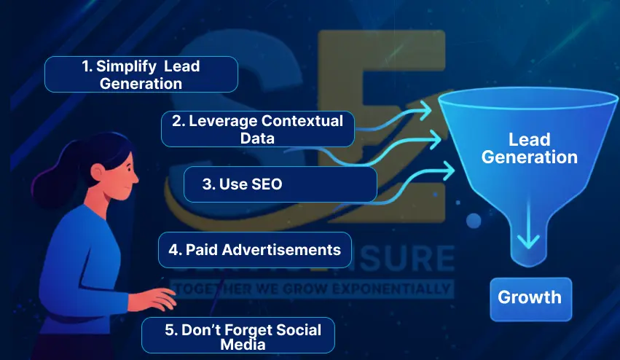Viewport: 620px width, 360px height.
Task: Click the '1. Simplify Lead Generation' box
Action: pyautogui.click(x=141, y=74)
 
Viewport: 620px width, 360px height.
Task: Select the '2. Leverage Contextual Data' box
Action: pyautogui.click(x=257, y=130)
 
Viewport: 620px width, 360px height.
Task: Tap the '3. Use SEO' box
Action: pyautogui.click(x=280, y=184)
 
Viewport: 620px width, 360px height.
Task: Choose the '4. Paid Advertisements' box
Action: pyautogui.click(x=254, y=249)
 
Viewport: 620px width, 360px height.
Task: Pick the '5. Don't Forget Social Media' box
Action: pyautogui.click(x=238, y=336)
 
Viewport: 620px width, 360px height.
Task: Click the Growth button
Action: pyautogui.click(x=530, y=298)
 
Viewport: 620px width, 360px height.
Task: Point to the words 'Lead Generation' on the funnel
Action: pyautogui.click(x=530, y=148)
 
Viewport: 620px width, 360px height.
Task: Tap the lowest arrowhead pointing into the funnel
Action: pyautogui.click(x=446, y=171)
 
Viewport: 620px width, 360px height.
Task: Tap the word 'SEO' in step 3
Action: pyautogui.click(x=264, y=185)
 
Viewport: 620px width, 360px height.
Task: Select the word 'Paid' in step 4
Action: pyautogui.click(x=202, y=249)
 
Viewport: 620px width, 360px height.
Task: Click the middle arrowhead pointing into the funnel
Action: pyautogui.click(x=436, y=137)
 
